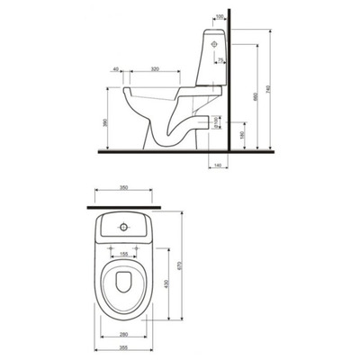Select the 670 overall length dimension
pos(182,262)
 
